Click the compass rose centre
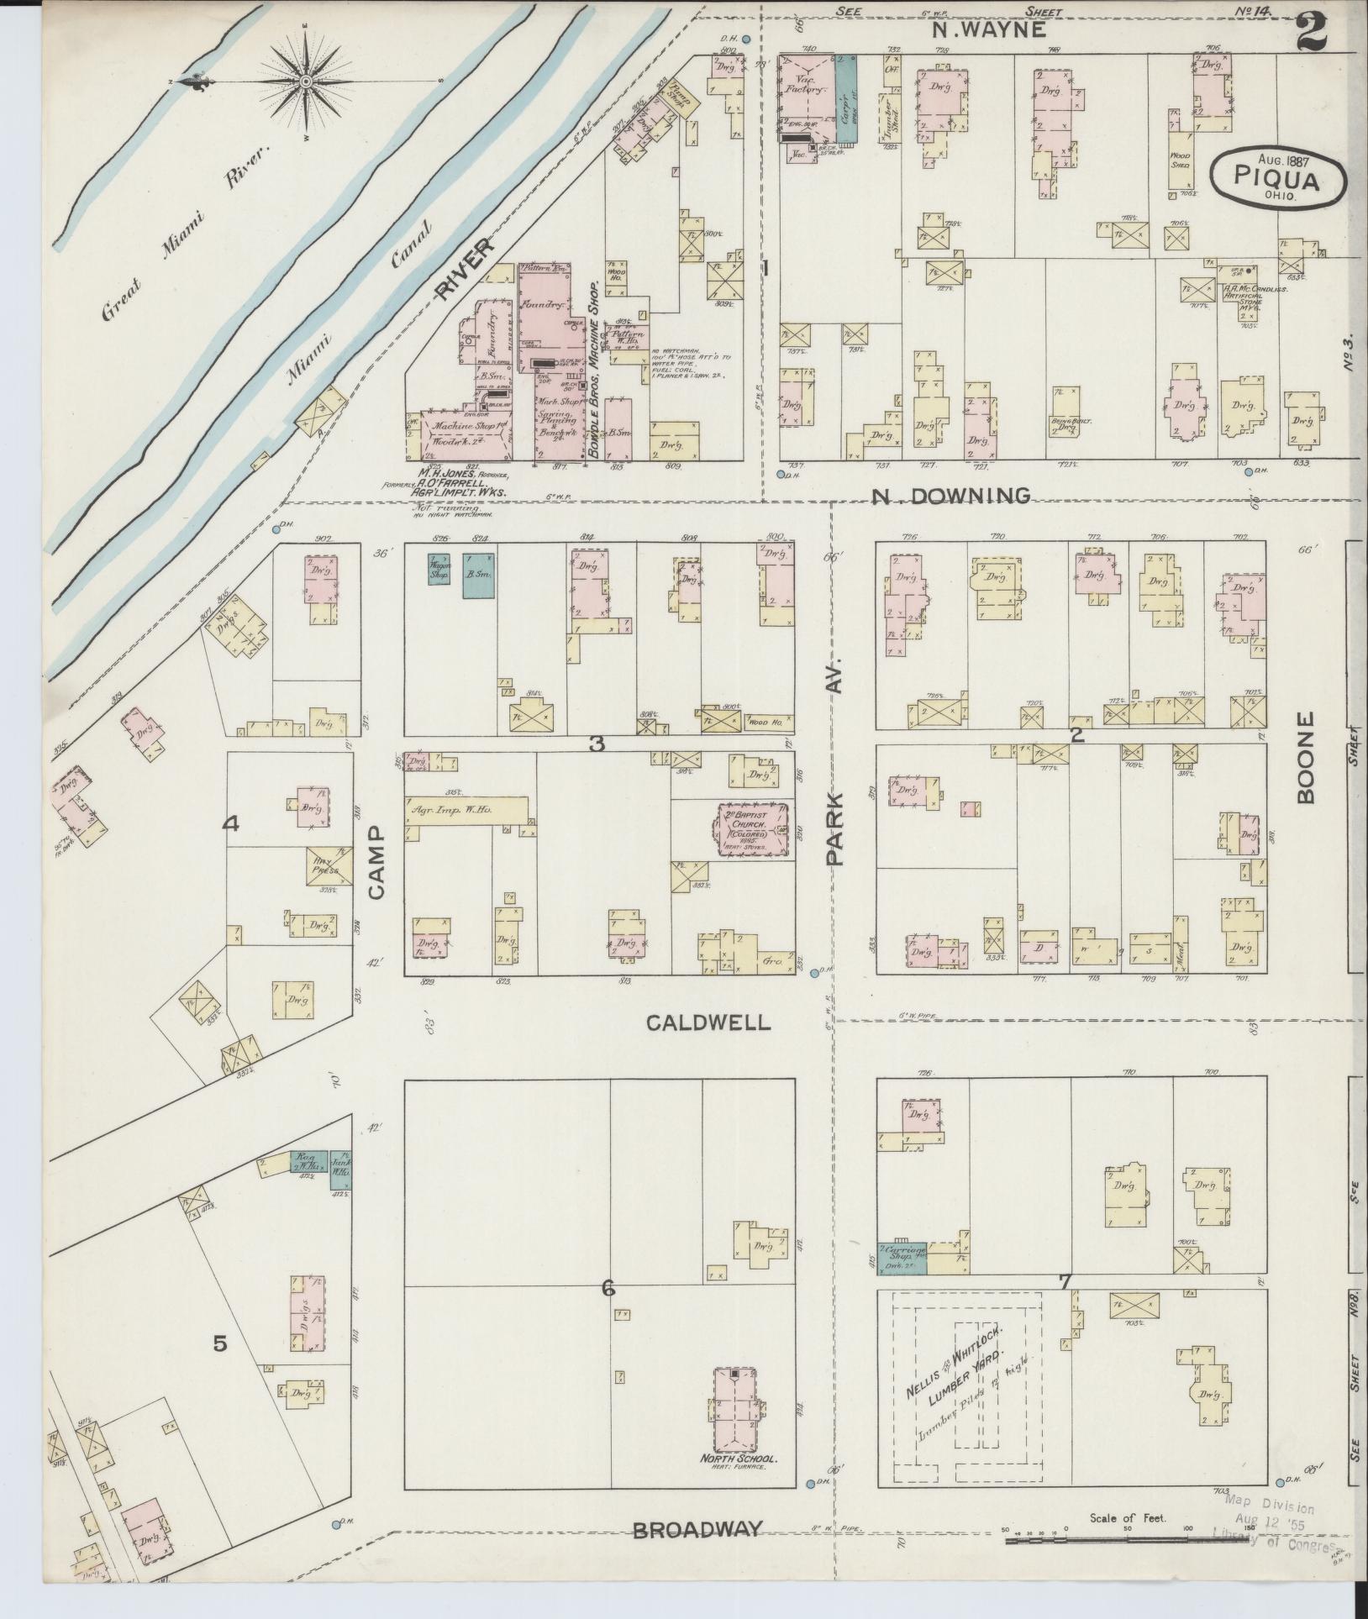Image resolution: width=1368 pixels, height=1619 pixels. pyautogui.click(x=307, y=81)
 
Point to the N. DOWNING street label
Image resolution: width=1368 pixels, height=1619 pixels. pyautogui.click(x=950, y=496)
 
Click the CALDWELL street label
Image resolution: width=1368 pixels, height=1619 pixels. pyautogui.click(x=708, y=1022)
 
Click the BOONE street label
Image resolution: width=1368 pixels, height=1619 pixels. pyautogui.click(x=1305, y=759)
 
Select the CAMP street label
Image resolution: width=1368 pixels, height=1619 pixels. pyautogui.click(x=375, y=861)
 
